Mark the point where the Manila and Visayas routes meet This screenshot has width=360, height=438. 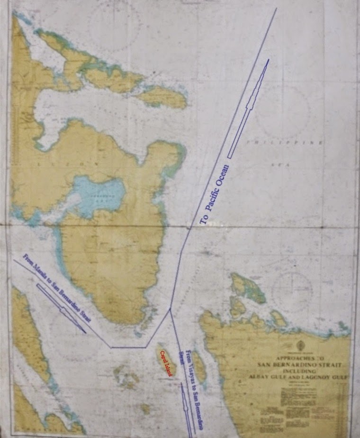170,310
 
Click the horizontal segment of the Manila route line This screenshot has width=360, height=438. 128,347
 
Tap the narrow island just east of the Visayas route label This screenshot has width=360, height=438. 199,367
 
